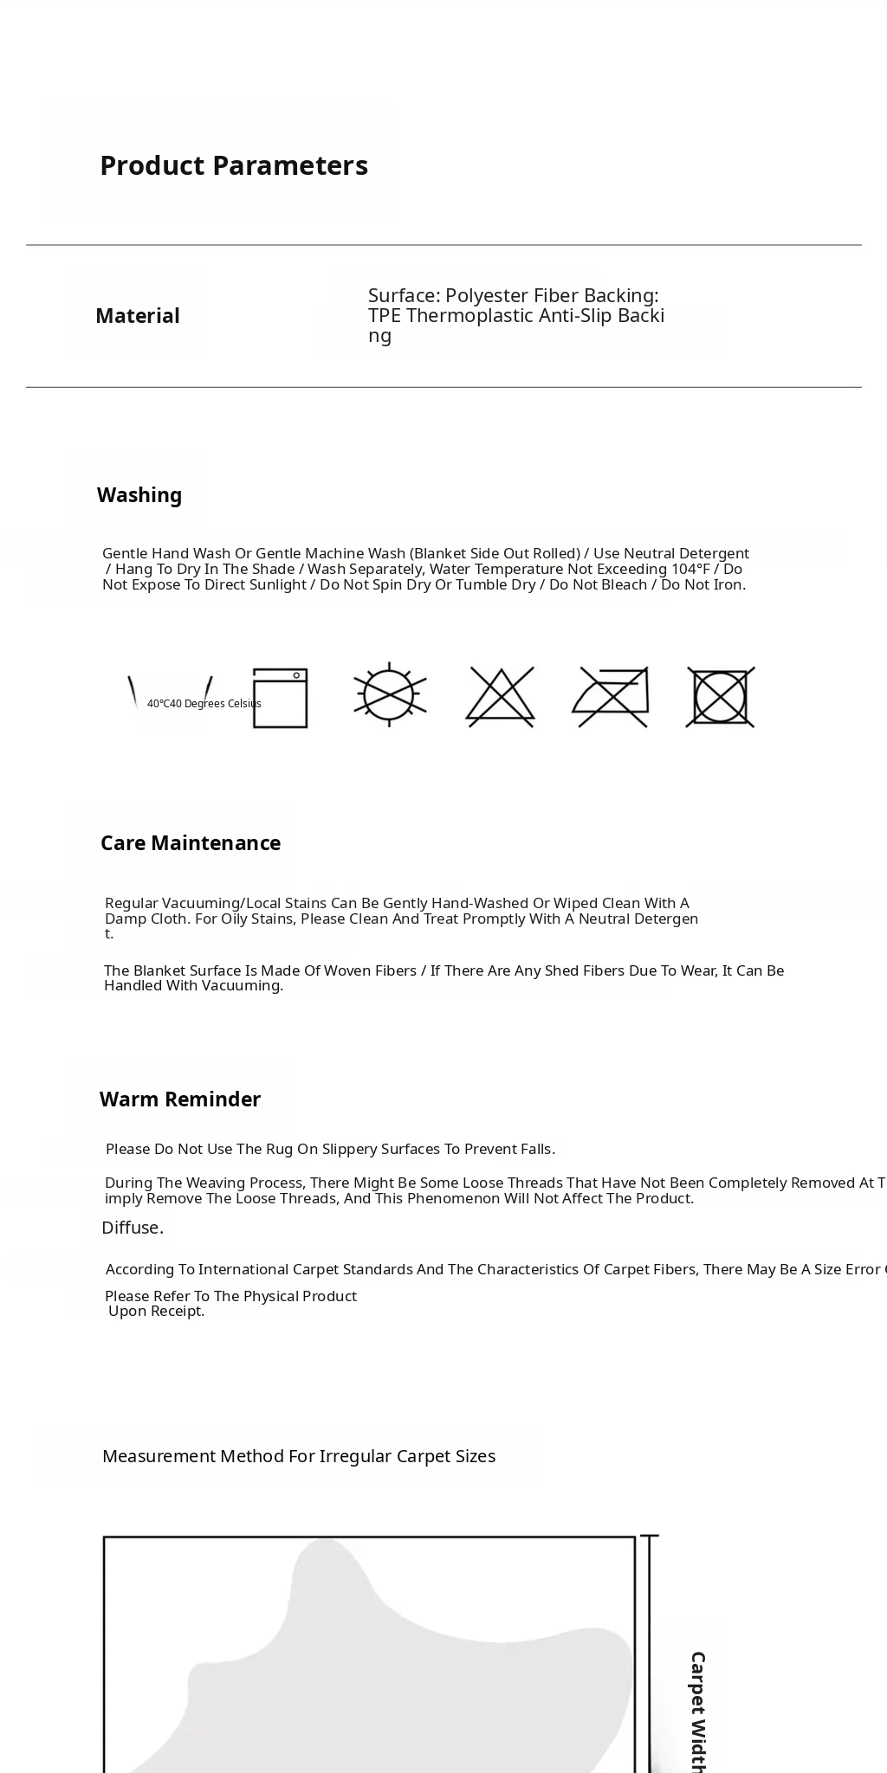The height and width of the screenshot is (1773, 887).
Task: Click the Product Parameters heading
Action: click(x=234, y=165)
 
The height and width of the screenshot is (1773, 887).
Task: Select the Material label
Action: click(x=138, y=316)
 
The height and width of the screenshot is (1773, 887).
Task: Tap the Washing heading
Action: click(x=139, y=495)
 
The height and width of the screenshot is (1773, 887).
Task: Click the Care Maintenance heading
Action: click(x=191, y=843)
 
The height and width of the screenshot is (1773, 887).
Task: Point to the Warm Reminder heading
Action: click(x=180, y=1099)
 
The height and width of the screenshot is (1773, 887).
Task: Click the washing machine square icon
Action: click(x=281, y=698)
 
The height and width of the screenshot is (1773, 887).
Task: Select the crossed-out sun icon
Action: click(x=390, y=695)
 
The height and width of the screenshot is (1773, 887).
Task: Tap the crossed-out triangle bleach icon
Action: click(x=501, y=696)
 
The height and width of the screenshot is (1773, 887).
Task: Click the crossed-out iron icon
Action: click(x=611, y=697)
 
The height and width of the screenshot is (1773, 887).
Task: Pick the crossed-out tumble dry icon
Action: click(x=721, y=696)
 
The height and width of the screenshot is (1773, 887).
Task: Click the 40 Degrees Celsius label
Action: click(x=204, y=704)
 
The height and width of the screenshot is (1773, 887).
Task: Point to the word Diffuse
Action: click(x=133, y=1228)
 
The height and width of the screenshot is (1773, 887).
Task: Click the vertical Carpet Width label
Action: click(x=698, y=1710)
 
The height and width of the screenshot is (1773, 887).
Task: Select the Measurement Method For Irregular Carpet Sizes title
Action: click(x=299, y=1456)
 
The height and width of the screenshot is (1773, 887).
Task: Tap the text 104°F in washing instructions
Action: click(x=690, y=569)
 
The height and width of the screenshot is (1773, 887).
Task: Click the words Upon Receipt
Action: click(x=157, y=1311)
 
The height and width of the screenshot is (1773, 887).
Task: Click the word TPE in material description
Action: click(x=385, y=315)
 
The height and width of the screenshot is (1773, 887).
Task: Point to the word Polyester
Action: click(x=487, y=296)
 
